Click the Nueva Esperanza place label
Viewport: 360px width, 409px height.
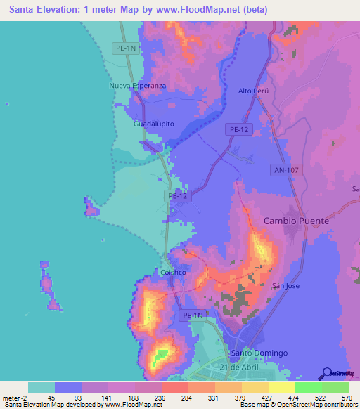[x=137, y=86]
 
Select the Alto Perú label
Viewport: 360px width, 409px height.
[x=254, y=91]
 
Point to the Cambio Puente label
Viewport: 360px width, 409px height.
[x=296, y=221]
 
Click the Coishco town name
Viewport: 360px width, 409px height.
[x=172, y=272]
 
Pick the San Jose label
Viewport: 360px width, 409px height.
[x=287, y=286]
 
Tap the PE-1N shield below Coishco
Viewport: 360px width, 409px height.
[x=192, y=316]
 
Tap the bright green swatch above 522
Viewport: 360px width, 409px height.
[x=308, y=387]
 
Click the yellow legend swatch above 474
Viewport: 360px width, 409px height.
[x=281, y=387]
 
